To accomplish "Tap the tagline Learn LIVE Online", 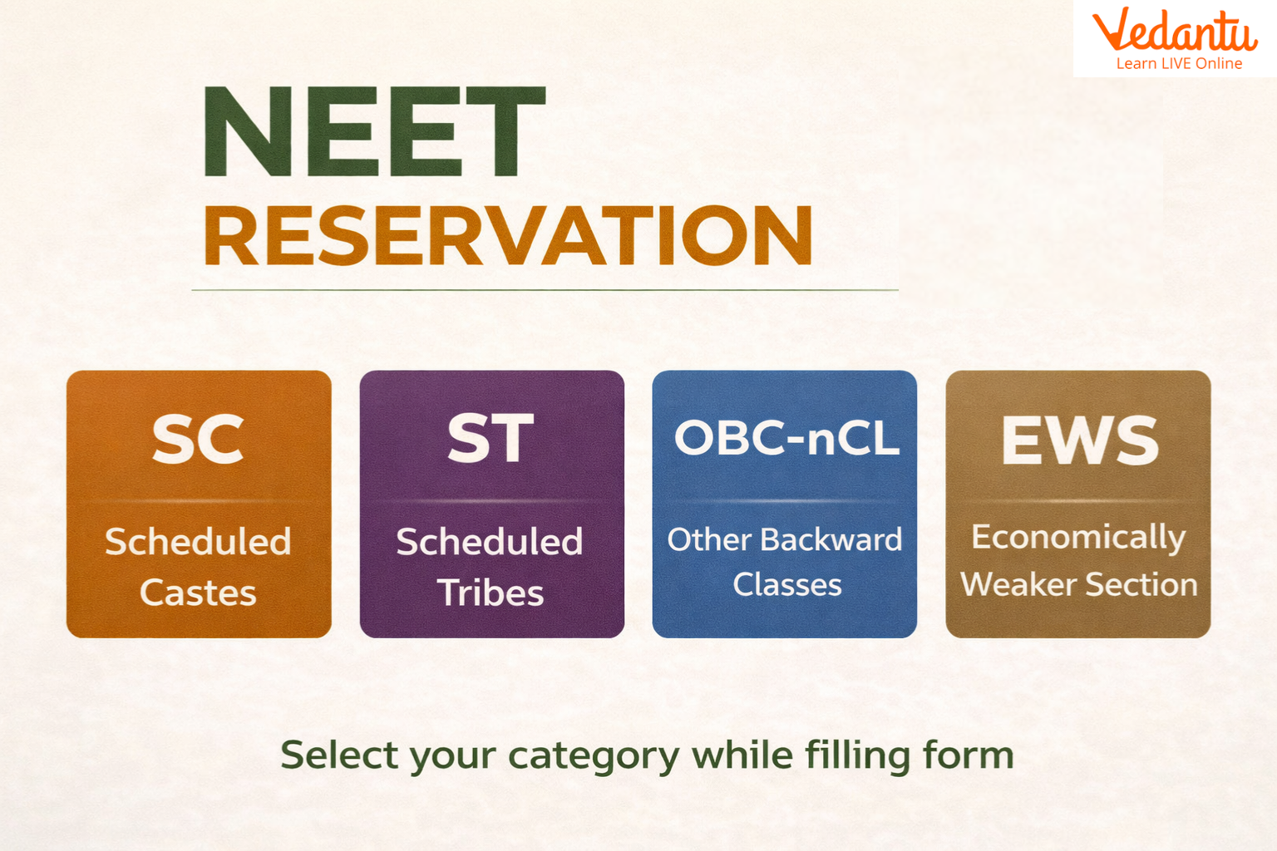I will click(x=1179, y=64).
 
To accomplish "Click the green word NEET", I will click(x=373, y=132).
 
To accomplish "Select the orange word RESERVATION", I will click(x=507, y=236).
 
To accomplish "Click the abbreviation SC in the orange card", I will click(x=198, y=440).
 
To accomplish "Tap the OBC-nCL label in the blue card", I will click(x=786, y=437).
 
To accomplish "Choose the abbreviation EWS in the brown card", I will click(x=1079, y=440).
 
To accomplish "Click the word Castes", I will click(x=198, y=593).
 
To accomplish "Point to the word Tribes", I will click(x=491, y=593).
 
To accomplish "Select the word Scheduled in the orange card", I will click(x=198, y=542).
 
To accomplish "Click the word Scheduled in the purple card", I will click(x=490, y=542).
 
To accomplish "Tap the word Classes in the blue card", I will click(x=786, y=584).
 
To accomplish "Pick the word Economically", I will click(x=1078, y=538).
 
